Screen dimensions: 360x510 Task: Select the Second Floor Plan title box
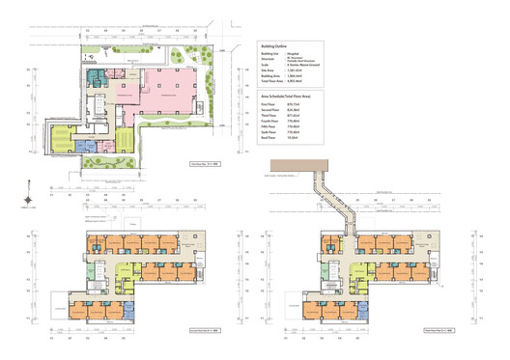[x=193, y=330]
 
